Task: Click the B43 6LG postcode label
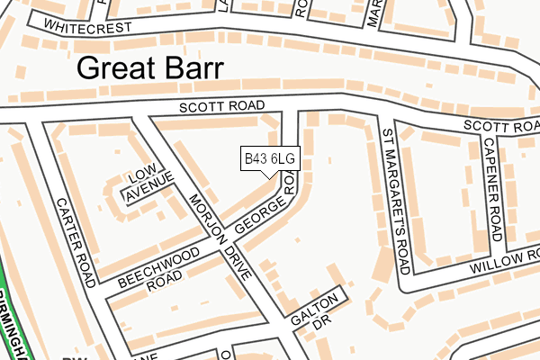click(269, 159)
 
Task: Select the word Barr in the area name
click(193, 68)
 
